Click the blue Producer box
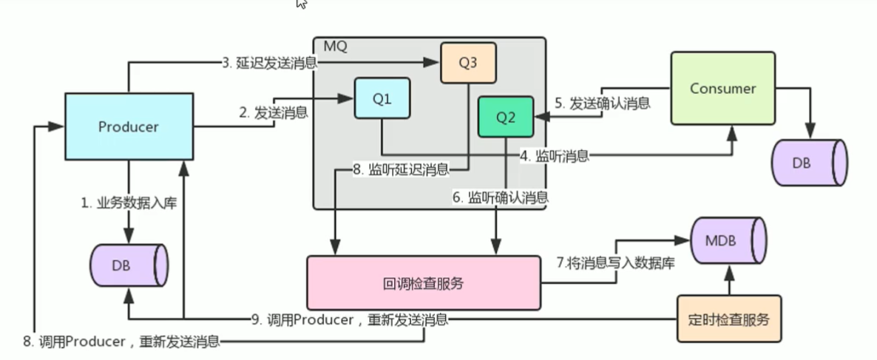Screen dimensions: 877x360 pyautogui.click(x=129, y=126)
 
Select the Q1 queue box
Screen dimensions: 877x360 pyautogui.click(x=382, y=98)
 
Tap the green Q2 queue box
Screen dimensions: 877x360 pyautogui.click(x=506, y=117)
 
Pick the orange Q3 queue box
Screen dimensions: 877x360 pyautogui.click(x=468, y=63)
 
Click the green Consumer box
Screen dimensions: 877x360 pyautogui.click(x=722, y=88)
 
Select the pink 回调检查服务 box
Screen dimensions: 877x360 pyautogui.click(x=424, y=283)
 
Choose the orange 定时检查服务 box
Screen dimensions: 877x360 pyautogui.click(x=729, y=319)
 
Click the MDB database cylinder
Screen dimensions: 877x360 pyautogui.click(x=729, y=240)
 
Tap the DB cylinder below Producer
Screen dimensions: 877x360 pyautogui.click(x=129, y=265)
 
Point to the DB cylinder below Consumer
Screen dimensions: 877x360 pyautogui.click(x=809, y=163)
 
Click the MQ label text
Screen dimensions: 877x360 pyautogui.click(x=336, y=46)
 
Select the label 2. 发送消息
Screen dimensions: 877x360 pyautogui.click(x=274, y=113)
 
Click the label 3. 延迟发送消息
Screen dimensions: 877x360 pyautogui.click(x=270, y=63)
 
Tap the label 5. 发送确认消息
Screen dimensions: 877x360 pyautogui.click(x=603, y=103)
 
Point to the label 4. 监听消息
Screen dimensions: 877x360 pyautogui.click(x=555, y=156)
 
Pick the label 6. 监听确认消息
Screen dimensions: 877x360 pyautogui.click(x=501, y=197)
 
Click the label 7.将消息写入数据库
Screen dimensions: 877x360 pyautogui.click(x=614, y=262)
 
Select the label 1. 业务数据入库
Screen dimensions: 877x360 pyautogui.click(x=129, y=203)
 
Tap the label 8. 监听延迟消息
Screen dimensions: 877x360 pyautogui.click(x=401, y=169)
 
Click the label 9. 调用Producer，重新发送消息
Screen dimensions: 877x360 pyautogui.click(x=350, y=320)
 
